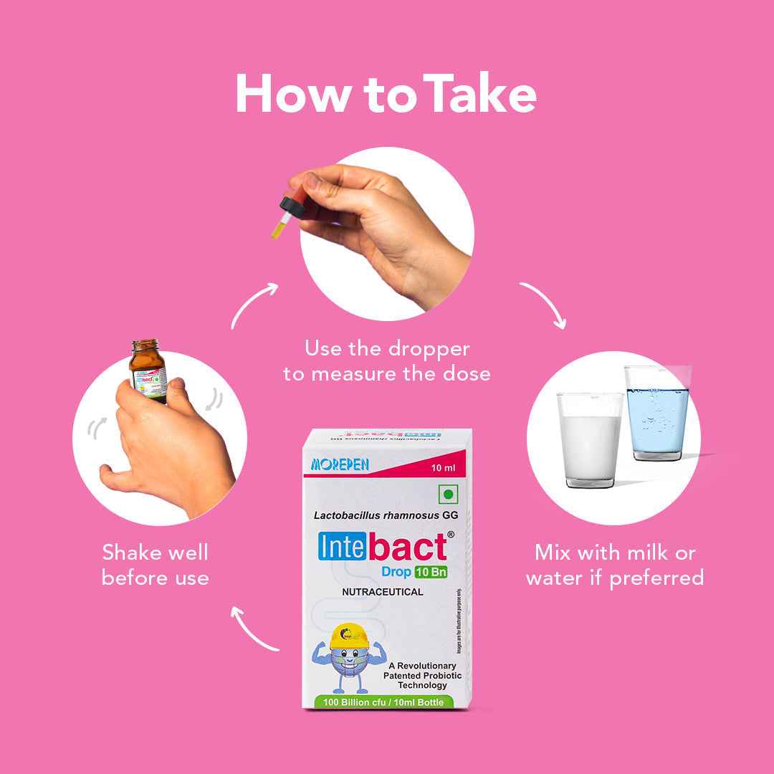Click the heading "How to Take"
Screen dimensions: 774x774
tap(386, 94)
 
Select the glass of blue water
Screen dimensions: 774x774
tap(656, 416)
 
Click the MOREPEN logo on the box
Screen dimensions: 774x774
tap(340, 465)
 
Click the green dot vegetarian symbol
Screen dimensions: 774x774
tap(449, 494)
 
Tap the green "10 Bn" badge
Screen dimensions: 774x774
tap(430, 572)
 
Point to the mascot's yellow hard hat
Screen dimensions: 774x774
tap(350, 634)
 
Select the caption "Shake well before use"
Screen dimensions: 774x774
tap(156, 565)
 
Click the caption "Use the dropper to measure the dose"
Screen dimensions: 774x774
tap(387, 361)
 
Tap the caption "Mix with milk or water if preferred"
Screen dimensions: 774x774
tap(615, 565)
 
